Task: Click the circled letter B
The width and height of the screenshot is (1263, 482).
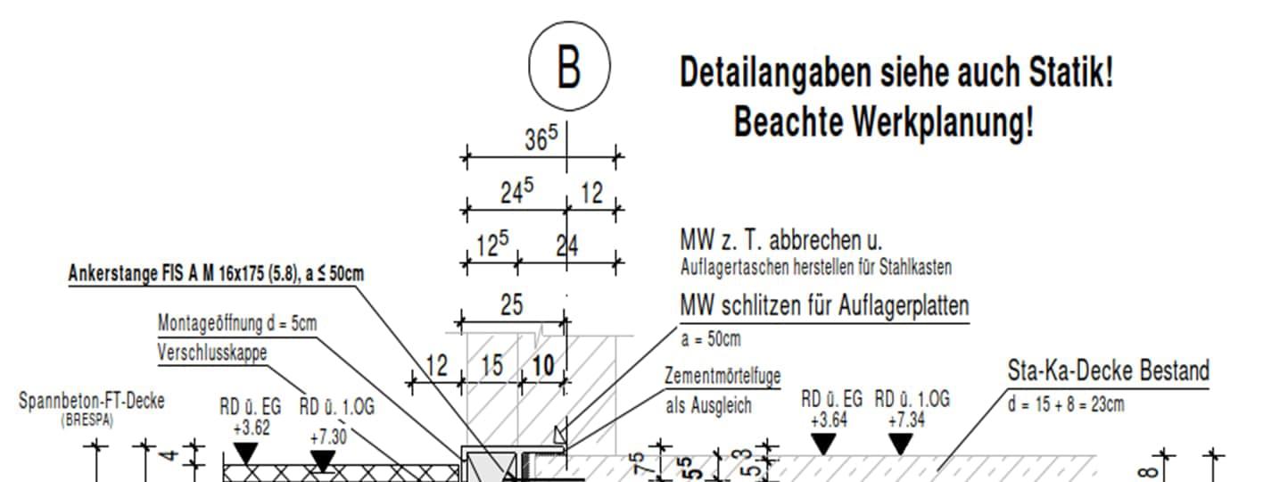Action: point(569,67)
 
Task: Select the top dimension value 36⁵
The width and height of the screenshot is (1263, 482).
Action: point(540,139)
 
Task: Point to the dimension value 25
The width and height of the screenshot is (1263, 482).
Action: point(511,305)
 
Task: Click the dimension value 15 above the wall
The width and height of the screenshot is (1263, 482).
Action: point(491,366)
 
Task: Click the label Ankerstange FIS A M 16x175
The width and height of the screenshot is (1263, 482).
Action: point(216,274)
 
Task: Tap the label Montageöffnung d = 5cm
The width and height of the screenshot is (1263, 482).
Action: point(236,323)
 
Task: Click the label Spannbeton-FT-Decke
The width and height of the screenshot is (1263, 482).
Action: point(92,401)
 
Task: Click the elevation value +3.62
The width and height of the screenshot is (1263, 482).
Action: point(251,428)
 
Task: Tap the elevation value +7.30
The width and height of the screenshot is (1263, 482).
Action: point(328,436)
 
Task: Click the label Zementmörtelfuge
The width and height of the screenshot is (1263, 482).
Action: point(722,377)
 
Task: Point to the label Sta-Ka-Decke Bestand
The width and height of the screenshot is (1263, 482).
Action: point(1108,370)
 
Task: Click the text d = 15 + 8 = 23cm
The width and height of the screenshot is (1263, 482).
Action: point(1066,404)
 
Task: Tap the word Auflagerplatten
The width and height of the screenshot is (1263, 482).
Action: point(904,306)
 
